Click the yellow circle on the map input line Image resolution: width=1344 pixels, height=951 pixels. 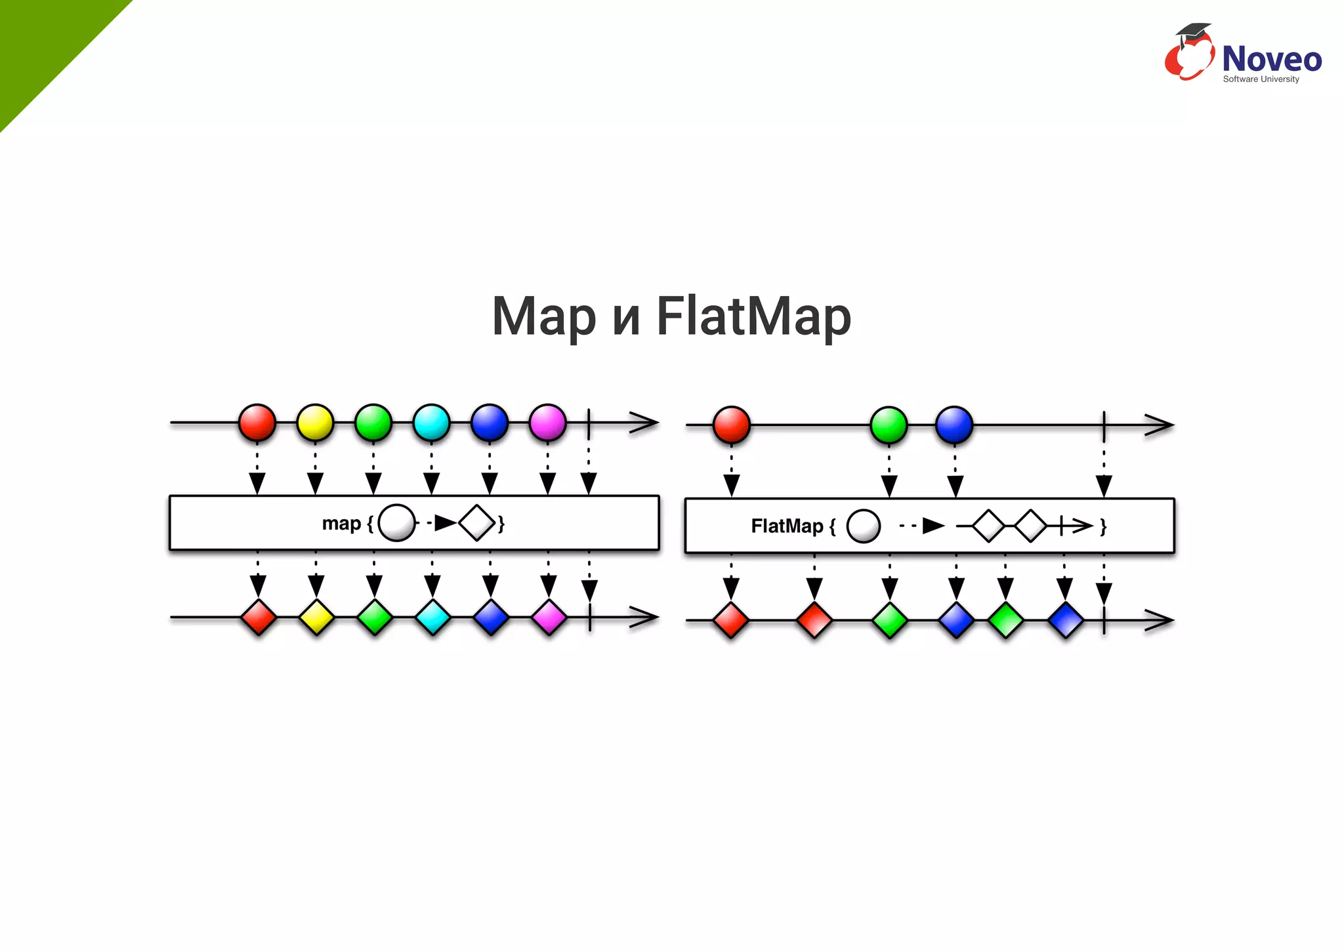click(x=315, y=423)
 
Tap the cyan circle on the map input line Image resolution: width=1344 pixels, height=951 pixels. click(x=431, y=423)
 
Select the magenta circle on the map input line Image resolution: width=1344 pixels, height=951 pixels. click(x=547, y=423)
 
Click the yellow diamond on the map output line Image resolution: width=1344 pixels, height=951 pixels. click(x=316, y=618)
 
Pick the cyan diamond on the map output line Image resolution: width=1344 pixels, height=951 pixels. click(x=432, y=618)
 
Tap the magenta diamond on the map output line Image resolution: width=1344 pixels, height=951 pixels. click(x=549, y=618)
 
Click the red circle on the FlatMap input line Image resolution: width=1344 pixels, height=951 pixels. click(x=731, y=425)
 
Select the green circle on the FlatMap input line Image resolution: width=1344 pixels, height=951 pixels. click(x=889, y=425)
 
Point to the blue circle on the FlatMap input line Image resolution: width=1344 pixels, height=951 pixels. click(x=954, y=425)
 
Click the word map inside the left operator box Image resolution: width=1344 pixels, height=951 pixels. click(x=341, y=524)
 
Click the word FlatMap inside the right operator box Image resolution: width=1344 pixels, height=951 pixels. click(x=787, y=526)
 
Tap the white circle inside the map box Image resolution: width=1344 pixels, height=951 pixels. click(x=396, y=523)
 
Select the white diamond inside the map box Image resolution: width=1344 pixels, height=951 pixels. click(x=476, y=523)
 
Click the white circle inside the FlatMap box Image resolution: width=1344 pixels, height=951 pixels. click(x=863, y=526)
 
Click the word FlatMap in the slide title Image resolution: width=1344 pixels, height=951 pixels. click(x=753, y=317)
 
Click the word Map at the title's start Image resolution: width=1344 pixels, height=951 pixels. click(x=544, y=317)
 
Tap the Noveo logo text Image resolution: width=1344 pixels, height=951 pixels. click(x=1271, y=59)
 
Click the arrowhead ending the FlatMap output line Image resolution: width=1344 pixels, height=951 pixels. click(x=1160, y=620)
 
